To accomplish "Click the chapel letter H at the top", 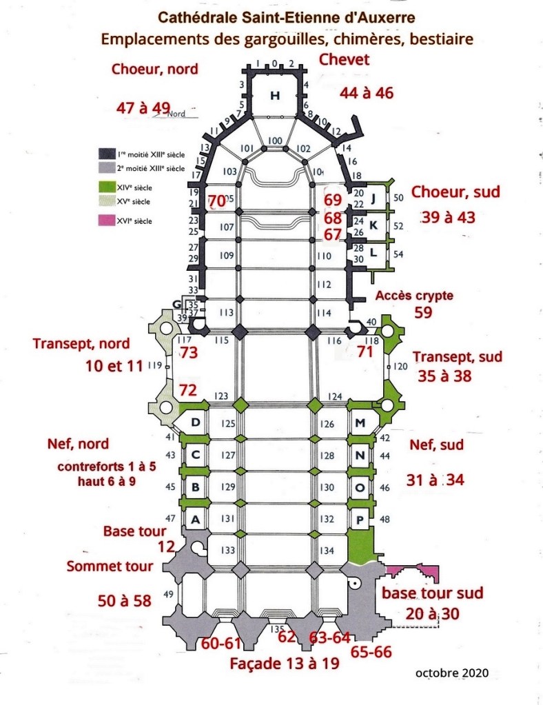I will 275,96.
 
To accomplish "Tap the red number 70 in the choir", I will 216,201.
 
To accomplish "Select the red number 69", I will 333,201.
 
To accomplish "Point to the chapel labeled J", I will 373,200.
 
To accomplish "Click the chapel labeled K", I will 373,225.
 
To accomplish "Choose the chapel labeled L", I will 373,252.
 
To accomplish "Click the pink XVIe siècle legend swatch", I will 106,221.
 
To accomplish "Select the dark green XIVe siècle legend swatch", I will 106,187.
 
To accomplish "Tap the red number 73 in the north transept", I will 188,354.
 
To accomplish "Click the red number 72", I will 187,390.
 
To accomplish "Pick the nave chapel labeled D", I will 195,422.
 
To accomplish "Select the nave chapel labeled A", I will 195,520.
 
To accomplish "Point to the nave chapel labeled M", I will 359,422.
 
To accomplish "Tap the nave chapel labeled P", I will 359,520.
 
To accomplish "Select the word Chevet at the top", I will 344,60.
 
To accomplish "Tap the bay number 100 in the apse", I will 275,141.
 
